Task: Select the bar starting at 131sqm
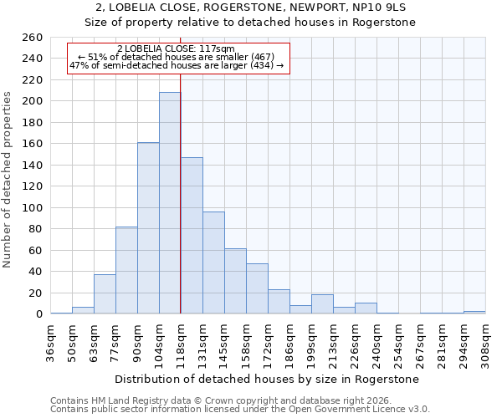pyautogui.click(x=213, y=263)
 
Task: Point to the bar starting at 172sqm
pyautogui.click(x=279, y=302)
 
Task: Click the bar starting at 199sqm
pyautogui.click(x=322, y=304)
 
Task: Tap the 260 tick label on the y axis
pyautogui.click(x=33, y=38)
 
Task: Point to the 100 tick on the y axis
pyautogui.click(x=33, y=207)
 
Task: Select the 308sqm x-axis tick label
pyautogui.click(x=486, y=342)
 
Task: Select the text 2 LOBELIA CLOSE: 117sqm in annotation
pyautogui.click(x=177, y=49)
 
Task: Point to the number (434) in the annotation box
pyautogui.click(x=262, y=65)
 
